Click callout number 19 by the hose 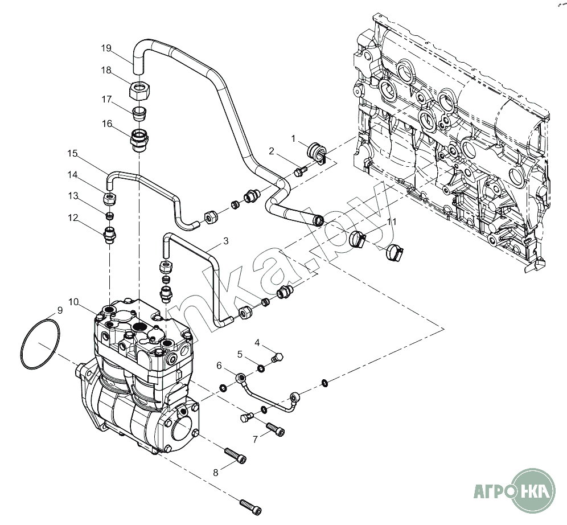click(x=106, y=48)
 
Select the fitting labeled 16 click(x=139, y=140)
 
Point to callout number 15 click(x=72, y=153)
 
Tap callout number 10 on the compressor click(x=73, y=302)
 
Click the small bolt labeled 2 click(x=301, y=171)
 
